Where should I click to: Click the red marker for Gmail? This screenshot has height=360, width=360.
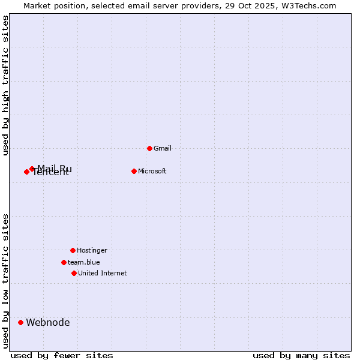point(149,148)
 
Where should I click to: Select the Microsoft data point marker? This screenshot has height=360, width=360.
point(134,171)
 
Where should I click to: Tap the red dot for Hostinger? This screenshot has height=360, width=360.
point(73,250)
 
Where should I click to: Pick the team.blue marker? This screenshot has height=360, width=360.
point(64,262)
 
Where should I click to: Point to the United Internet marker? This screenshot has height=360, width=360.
point(74,273)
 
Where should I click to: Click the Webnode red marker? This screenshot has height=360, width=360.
point(20,322)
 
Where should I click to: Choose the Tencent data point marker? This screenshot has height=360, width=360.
point(26,172)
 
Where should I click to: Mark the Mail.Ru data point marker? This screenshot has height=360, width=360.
point(32,169)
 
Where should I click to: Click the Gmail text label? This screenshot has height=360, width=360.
point(163,148)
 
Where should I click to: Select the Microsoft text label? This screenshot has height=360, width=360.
point(152,171)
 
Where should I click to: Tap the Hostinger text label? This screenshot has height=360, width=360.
point(92,250)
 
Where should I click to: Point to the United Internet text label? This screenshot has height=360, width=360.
point(103,273)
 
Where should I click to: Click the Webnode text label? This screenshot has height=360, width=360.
point(48,323)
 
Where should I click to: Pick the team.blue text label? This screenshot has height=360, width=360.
point(84,262)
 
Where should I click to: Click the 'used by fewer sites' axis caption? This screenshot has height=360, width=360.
point(62,355)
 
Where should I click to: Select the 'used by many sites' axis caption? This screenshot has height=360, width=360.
point(301,355)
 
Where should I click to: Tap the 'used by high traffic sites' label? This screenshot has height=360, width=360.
point(5,85)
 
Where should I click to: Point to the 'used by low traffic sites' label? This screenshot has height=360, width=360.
point(5,281)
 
